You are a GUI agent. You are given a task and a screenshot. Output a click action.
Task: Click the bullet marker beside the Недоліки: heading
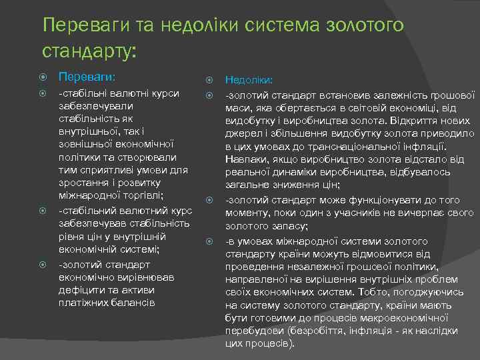click(210, 79)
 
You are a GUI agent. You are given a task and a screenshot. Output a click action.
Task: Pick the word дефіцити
click(81, 290)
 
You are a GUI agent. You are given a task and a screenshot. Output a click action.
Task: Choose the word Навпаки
click(246, 159)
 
